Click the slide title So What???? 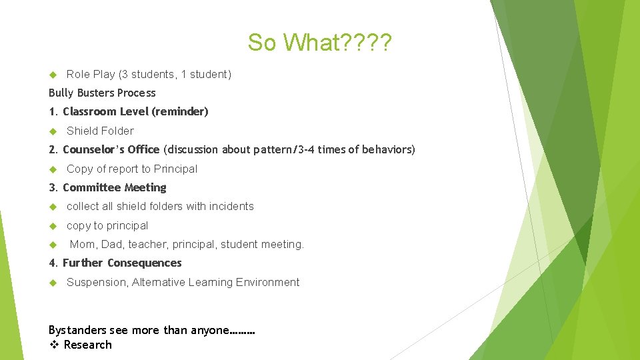pos(320,43)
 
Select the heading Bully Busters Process pos(102,93)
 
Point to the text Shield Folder pos(100,131)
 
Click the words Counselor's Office pos(111,150)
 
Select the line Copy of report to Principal pos(132,169)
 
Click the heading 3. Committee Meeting pos(107,188)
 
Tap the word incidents pos(231,207)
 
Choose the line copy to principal pos(107,226)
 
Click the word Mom pos(83,245)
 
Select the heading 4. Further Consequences pos(115,263)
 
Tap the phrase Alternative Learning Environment pos(216,283)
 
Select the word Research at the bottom pos(87,345)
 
